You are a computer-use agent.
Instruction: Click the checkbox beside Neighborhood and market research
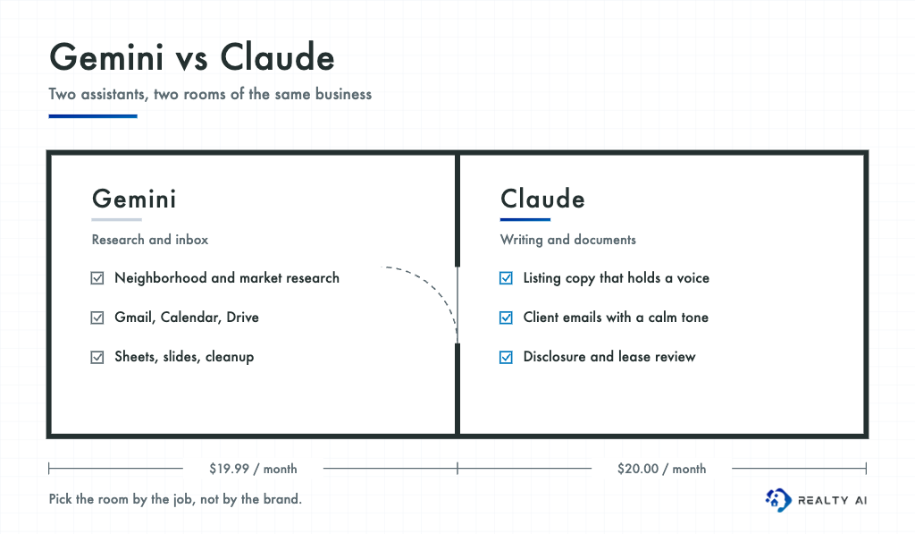(97, 278)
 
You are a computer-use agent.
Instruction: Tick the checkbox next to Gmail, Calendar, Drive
(97, 318)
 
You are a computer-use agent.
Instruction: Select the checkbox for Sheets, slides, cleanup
(97, 357)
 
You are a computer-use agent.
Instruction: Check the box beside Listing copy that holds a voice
(506, 278)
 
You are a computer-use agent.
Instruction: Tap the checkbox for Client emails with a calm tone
(506, 318)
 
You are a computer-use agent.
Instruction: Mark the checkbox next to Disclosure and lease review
(506, 357)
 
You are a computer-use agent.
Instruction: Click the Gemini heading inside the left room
(134, 199)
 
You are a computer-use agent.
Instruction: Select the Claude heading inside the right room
(542, 199)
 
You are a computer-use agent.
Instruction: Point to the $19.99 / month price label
(253, 469)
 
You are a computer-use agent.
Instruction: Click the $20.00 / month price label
(662, 469)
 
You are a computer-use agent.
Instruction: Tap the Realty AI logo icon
(778, 500)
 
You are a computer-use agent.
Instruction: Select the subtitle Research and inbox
(150, 240)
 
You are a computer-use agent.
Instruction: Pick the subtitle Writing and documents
(567, 240)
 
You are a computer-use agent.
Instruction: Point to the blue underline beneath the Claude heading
(525, 220)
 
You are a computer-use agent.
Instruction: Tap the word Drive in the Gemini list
(243, 318)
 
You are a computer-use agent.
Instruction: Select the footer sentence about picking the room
(175, 499)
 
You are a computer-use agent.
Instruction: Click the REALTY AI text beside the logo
(832, 500)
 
